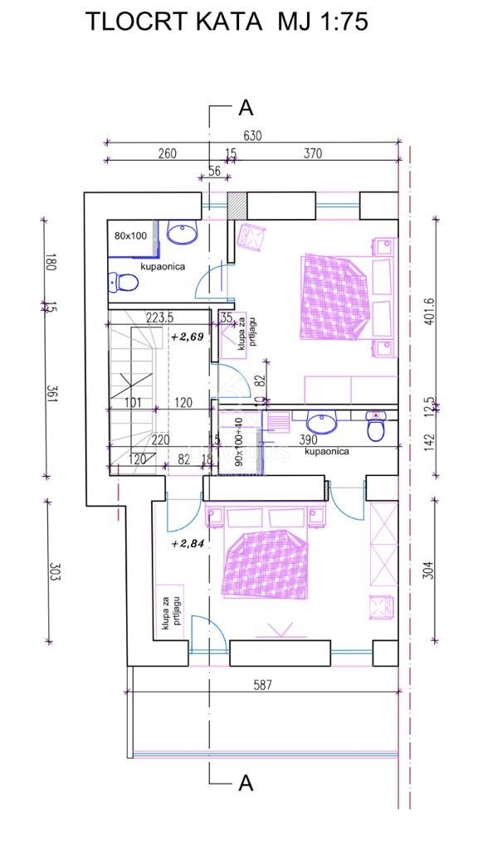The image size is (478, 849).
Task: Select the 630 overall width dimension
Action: tap(252, 136)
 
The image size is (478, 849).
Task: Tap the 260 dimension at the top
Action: tap(167, 153)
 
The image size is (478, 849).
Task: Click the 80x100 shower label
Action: tap(130, 235)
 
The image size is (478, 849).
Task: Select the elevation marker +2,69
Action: tap(187, 337)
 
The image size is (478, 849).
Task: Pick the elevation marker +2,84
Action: tap(187, 544)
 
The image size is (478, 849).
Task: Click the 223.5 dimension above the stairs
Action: tap(159, 317)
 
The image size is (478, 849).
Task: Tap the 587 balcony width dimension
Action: tap(264, 685)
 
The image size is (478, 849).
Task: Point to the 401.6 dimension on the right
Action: tap(428, 312)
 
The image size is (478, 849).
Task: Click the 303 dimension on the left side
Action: tap(51, 572)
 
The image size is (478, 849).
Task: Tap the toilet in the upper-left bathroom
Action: tap(124, 284)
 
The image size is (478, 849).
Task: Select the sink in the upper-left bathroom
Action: tap(180, 235)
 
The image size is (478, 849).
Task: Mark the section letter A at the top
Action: tap(245, 108)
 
